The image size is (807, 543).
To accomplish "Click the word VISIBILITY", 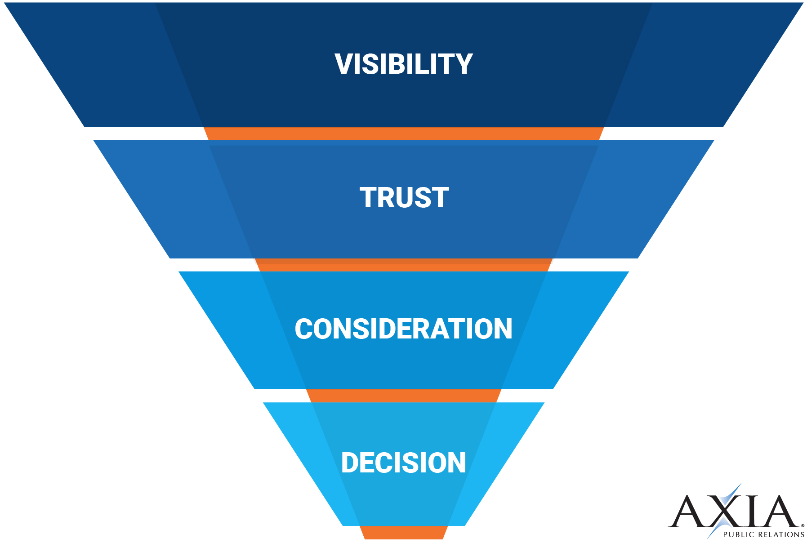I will [x=403, y=64].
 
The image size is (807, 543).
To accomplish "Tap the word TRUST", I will [x=404, y=198].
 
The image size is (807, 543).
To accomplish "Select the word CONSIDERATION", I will [x=403, y=329].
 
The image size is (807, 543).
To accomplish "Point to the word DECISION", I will [x=403, y=463].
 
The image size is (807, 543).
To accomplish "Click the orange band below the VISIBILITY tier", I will [x=403, y=134].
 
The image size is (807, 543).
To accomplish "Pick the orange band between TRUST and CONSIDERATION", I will [x=403, y=265].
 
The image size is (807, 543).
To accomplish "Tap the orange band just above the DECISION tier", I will [x=403, y=396].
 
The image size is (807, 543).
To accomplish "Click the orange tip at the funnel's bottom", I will [x=403, y=533].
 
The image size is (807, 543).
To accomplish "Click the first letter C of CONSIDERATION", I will [x=304, y=329].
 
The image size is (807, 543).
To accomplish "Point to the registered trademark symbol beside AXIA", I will [x=803, y=525].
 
